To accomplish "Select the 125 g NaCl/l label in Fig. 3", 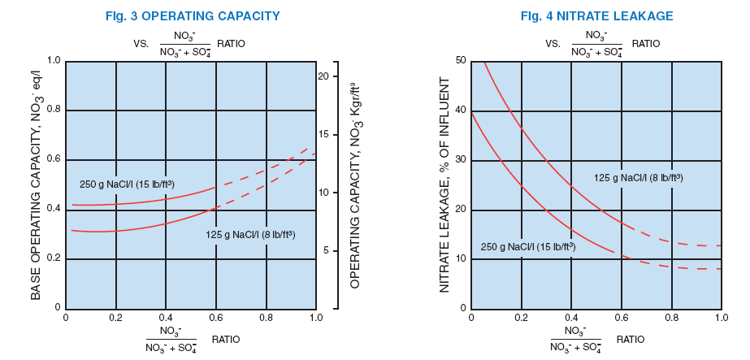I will pyautogui.click(x=250, y=235).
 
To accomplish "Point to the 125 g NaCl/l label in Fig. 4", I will pyautogui.click(x=638, y=177).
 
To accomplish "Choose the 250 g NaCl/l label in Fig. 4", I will pyautogui.click(x=527, y=246).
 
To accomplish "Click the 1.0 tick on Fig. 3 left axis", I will pyautogui.click(x=53, y=60).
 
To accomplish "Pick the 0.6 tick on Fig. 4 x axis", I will pyautogui.click(x=622, y=317).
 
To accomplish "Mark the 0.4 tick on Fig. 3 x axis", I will pyautogui.click(x=166, y=317).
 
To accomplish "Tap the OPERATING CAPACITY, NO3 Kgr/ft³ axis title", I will pyautogui.click(x=355, y=184).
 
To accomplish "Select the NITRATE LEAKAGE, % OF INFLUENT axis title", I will pyautogui.click(x=444, y=185).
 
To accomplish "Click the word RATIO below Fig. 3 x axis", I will pyautogui.click(x=226, y=339).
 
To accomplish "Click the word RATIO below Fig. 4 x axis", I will pyautogui.click(x=630, y=339).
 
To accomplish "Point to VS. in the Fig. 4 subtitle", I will pyautogui.click(x=553, y=43).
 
